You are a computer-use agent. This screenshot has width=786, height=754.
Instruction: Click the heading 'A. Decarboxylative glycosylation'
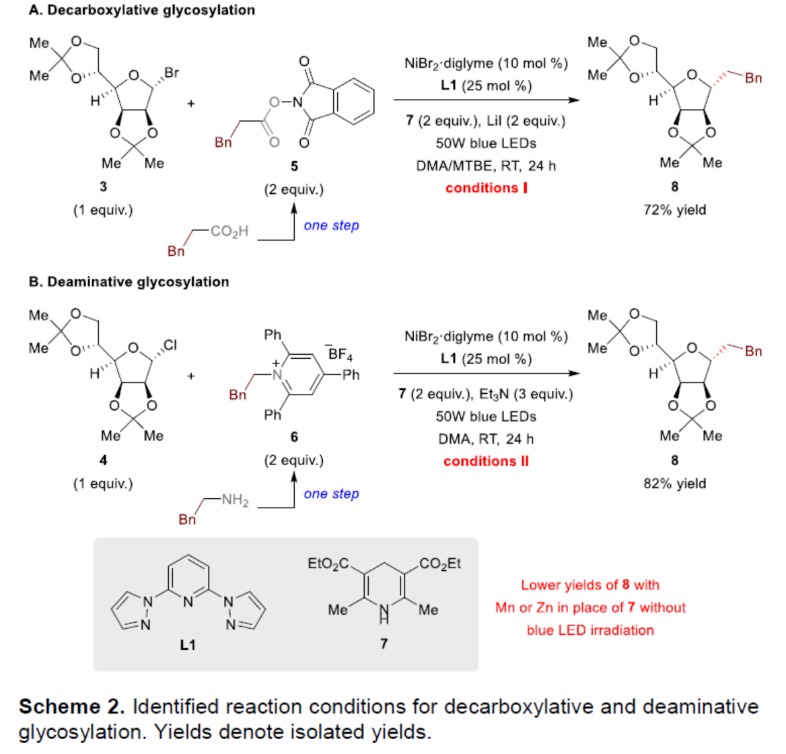pyautogui.click(x=141, y=10)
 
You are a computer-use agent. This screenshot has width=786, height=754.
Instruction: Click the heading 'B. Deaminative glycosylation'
pyautogui.click(x=129, y=281)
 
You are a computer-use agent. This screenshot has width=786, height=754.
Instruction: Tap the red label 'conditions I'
pyautogui.click(x=486, y=188)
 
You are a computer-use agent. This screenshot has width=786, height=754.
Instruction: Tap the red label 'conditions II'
pyautogui.click(x=486, y=461)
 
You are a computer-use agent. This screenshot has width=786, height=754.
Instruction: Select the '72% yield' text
pyautogui.click(x=674, y=210)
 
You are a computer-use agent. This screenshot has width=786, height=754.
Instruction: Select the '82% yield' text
pyautogui.click(x=674, y=483)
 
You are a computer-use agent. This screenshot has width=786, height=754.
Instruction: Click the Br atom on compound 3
pyautogui.click(x=172, y=73)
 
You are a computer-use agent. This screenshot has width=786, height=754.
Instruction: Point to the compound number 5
pyautogui.click(x=294, y=166)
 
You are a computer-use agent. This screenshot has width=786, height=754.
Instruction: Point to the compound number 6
pyautogui.click(x=294, y=438)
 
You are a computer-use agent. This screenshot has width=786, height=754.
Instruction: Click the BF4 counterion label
pyautogui.click(x=340, y=354)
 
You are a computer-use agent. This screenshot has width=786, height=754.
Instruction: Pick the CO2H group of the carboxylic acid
pyautogui.click(x=229, y=232)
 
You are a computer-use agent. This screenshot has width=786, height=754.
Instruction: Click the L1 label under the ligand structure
pyautogui.click(x=188, y=645)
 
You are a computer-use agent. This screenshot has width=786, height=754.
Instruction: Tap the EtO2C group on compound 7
pyautogui.click(x=328, y=563)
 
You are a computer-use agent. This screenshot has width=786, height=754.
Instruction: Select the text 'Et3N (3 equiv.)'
pyautogui.click(x=526, y=395)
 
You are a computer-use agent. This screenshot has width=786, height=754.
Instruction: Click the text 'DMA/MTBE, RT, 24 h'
pyautogui.click(x=486, y=166)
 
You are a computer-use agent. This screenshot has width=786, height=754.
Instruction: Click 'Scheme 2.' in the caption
pyautogui.click(x=71, y=707)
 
